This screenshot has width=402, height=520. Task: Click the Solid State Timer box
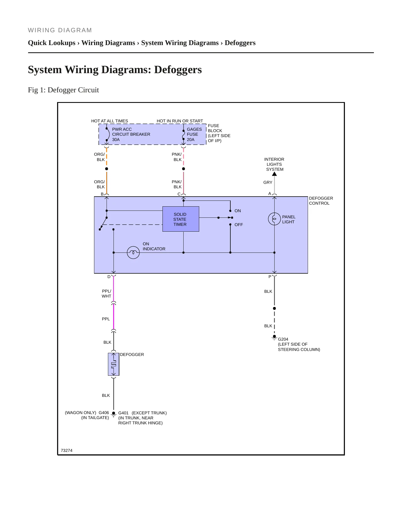click(181, 219)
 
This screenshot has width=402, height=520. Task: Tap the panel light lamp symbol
click(274, 219)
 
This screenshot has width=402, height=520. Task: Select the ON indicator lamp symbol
click(133, 252)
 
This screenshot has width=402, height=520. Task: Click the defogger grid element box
click(114, 364)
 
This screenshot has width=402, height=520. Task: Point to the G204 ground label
click(283, 339)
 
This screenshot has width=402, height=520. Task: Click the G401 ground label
click(123, 413)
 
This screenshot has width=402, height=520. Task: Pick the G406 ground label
click(104, 413)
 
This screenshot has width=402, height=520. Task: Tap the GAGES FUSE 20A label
click(194, 134)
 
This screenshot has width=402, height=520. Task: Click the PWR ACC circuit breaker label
click(131, 134)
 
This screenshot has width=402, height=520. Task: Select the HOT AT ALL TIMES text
click(110, 121)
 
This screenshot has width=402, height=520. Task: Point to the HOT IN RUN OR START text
click(180, 121)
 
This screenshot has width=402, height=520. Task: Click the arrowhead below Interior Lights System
click(274, 174)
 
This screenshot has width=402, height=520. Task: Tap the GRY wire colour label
click(268, 182)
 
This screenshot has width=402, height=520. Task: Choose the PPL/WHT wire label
click(106, 294)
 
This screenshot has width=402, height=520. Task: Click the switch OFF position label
click(239, 225)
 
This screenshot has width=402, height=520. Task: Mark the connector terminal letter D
click(109, 277)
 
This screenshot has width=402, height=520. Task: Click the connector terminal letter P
click(270, 277)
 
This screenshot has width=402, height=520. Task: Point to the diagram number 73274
click(66, 450)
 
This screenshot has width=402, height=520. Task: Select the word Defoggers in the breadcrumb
click(240, 43)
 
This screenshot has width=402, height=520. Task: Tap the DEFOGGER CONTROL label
click(321, 201)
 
